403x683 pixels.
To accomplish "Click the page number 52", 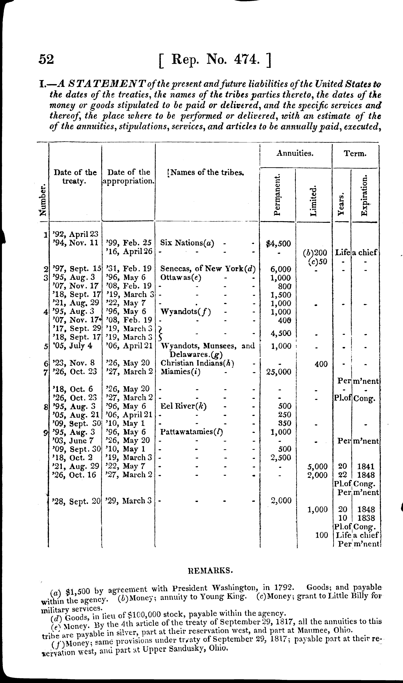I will click(x=46, y=59).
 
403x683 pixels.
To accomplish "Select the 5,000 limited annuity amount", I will click(x=317, y=467).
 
